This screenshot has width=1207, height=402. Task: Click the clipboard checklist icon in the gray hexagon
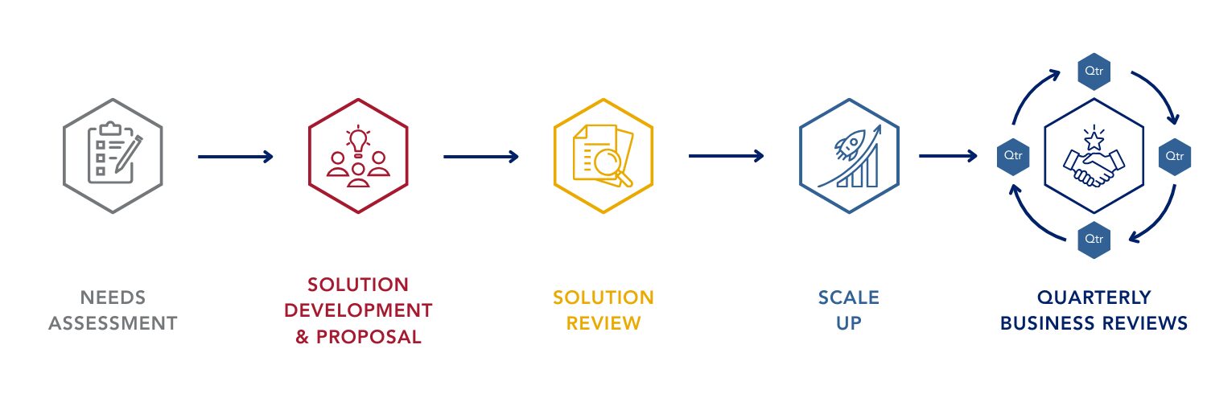(113, 155)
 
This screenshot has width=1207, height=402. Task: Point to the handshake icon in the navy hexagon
(1094, 168)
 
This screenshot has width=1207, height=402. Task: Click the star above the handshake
(1094, 141)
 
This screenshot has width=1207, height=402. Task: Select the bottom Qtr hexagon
(1094, 239)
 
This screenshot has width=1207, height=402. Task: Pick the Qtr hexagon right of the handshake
(1176, 155)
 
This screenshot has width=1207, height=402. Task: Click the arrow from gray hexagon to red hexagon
(236, 157)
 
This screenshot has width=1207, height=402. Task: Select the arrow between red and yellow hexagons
(481, 157)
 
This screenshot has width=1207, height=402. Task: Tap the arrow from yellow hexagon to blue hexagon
(726, 157)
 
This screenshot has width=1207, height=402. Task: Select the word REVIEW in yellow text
(603, 324)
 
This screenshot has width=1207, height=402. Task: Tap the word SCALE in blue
(849, 298)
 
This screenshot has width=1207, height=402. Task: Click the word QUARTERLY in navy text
(1094, 298)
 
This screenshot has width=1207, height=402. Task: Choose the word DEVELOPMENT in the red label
(359, 311)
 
